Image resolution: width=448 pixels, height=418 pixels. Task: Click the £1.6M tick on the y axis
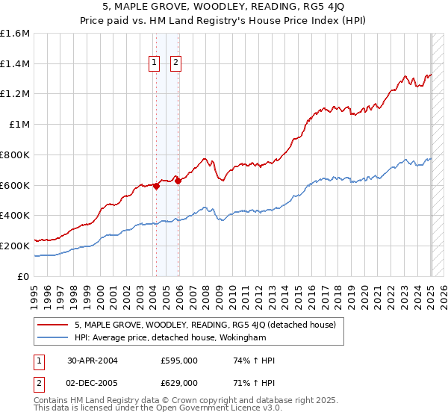tap(15, 34)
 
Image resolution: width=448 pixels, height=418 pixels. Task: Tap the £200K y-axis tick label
tap(15, 246)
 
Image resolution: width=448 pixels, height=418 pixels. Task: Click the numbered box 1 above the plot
tap(155, 63)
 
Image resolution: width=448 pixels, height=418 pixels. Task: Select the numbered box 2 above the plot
tap(175, 63)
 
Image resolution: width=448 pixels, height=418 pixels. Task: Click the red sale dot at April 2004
tap(156, 187)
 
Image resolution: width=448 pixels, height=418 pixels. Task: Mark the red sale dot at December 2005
tap(178, 181)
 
